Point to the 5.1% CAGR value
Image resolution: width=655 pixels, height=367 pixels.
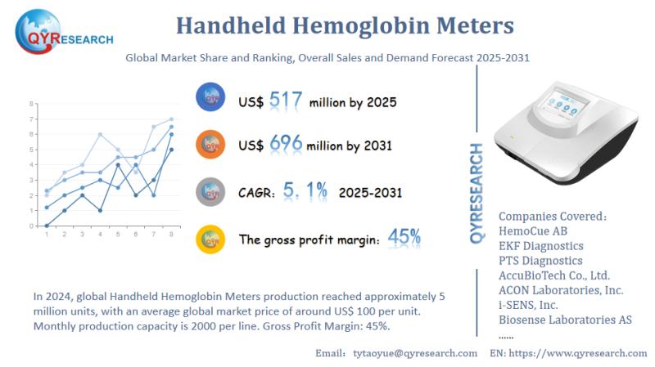pyautogui.click(x=305, y=190)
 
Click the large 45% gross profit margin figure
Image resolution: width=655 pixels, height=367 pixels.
pyautogui.click(x=404, y=238)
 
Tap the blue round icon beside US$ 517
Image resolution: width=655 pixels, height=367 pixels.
pyautogui.click(x=211, y=98)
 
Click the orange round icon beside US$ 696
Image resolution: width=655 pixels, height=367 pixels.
pyautogui.click(x=211, y=145)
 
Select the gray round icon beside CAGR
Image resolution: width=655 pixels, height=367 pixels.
pyautogui.click(x=211, y=192)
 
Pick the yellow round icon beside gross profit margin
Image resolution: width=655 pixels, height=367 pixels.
pyautogui.click(x=211, y=239)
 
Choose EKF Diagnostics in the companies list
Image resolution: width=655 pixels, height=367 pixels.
pyautogui.click(x=540, y=246)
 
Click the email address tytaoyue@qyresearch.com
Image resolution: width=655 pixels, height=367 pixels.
pyautogui.click(x=413, y=353)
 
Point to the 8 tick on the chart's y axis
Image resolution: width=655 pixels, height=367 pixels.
pyautogui.click(x=32, y=104)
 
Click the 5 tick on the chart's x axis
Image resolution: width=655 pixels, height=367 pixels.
pyautogui.click(x=119, y=235)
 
